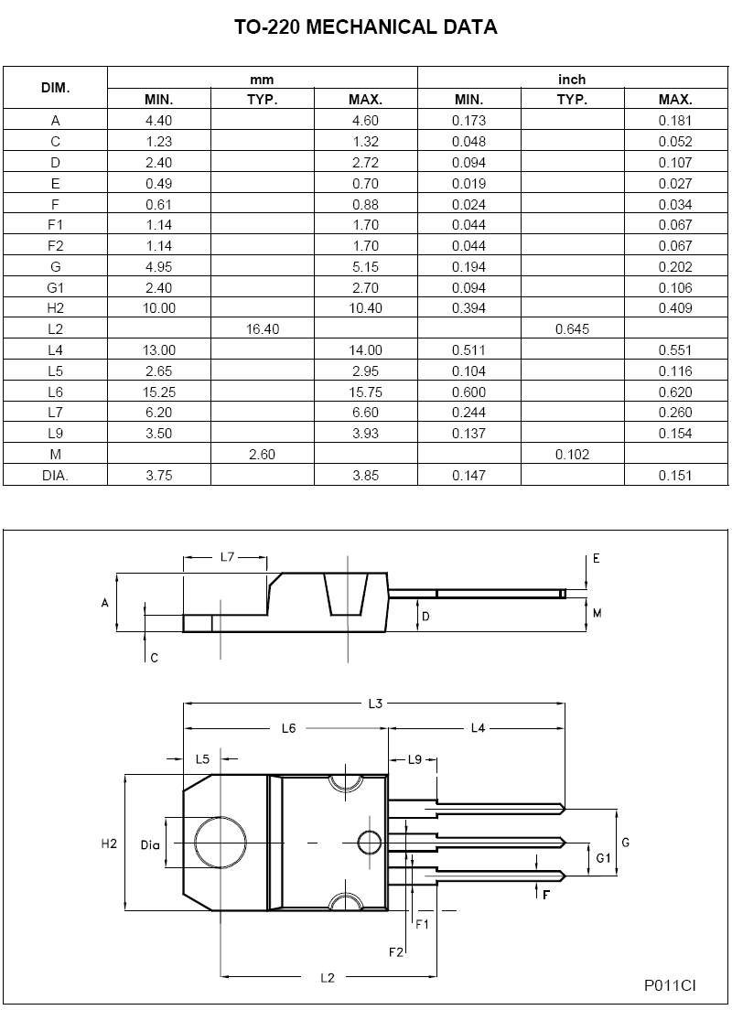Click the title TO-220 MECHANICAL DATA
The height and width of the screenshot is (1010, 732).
click(365, 27)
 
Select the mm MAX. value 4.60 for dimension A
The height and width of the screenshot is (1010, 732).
click(365, 121)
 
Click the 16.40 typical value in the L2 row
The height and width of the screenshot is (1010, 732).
click(263, 329)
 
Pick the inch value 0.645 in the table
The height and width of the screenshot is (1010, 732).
click(572, 329)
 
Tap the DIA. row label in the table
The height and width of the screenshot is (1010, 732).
click(56, 476)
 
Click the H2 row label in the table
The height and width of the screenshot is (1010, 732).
click(56, 308)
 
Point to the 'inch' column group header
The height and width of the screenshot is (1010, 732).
click(572, 80)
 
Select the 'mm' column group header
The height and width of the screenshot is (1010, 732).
click(263, 80)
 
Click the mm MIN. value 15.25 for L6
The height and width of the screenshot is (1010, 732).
click(158, 392)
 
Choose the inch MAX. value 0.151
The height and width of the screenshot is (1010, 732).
click(675, 476)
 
